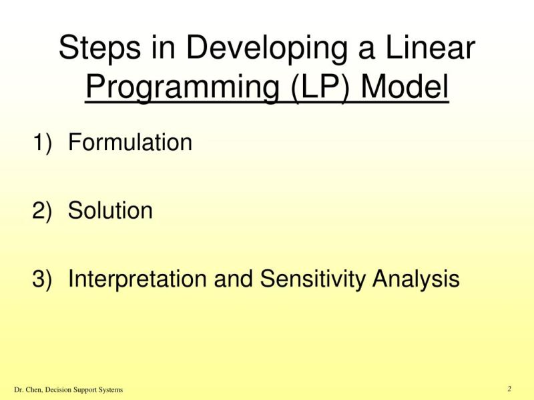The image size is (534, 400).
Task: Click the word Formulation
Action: coord(130,142)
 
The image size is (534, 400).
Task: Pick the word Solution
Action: coord(111,211)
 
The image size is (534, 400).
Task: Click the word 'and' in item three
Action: coord(234,279)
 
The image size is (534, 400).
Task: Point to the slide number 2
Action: coord(509,389)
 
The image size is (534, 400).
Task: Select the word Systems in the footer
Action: coord(108,389)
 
